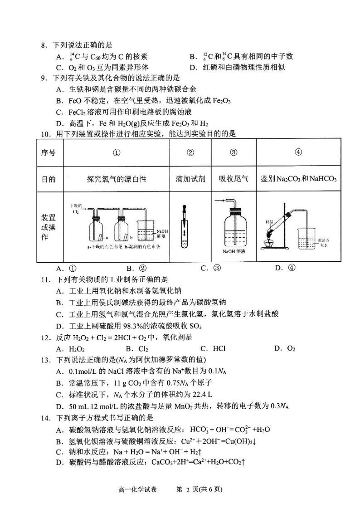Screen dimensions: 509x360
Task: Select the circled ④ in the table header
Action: [298, 152]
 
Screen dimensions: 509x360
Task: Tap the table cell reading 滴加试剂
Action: [190, 179]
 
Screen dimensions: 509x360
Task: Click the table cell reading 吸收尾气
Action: [234, 179]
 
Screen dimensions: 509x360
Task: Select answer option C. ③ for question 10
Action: [211, 268]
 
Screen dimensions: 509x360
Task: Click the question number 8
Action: [44, 45]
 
